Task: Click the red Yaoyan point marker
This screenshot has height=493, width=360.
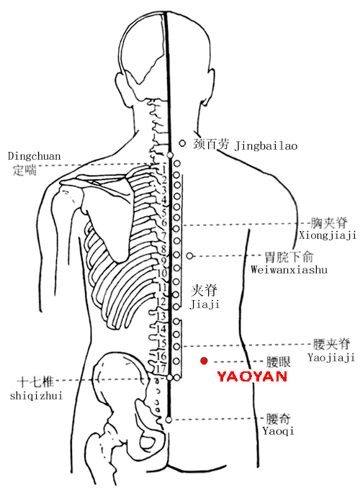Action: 204,361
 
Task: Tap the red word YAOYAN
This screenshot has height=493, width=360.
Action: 252,376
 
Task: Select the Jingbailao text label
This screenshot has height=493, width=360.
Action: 266,146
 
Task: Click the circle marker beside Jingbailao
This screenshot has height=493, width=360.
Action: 182,143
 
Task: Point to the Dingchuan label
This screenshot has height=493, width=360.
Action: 34,156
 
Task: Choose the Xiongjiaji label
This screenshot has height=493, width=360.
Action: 328,235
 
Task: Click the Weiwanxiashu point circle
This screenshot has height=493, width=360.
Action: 189,256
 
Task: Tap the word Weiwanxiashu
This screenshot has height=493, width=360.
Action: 289,269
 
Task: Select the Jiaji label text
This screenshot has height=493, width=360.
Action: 204,304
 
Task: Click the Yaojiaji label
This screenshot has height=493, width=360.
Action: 331,358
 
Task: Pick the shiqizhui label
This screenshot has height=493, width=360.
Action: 36,395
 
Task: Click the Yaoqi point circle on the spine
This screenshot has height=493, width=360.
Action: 168,420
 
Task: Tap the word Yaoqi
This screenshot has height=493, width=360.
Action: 278,431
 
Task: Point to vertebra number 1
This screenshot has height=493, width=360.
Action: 164,170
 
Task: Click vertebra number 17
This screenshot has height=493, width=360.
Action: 161,368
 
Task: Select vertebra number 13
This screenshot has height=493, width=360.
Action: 161,316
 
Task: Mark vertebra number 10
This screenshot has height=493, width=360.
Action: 162,273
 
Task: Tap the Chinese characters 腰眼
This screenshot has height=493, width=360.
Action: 279,362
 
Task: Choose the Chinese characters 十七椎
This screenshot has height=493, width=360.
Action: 35,382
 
